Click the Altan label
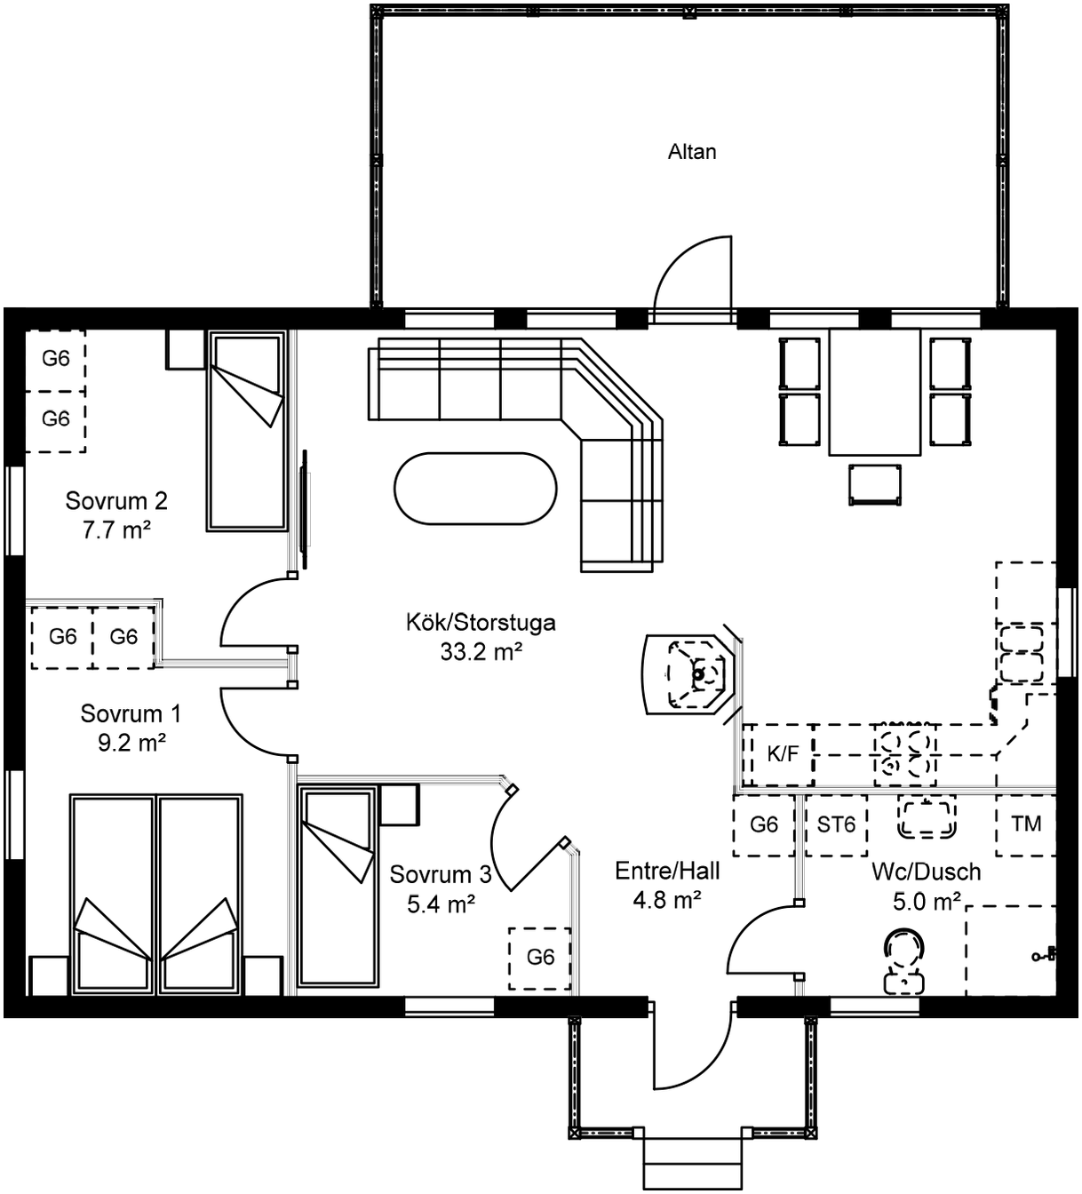[x=692, y=153]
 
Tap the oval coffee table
[x=475, y=489]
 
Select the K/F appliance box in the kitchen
[x=782, y=755]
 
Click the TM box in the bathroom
[x=1026, y=825]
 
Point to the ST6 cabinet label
[x=836, y=825]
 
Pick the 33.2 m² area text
[x=481, y=652]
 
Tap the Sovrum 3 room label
[x=441, y=874]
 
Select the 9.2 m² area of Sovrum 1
[x=131, y=743]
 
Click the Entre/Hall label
[x=667, y=871]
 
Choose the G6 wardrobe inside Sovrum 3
[x=540, y=958]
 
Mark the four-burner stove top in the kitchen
[x=905, y=755]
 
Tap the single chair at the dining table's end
[x=874, y=484]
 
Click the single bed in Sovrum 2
[x=246, y=431]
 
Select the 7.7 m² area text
[x=116, y=529]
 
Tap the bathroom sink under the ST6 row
[x=927, y=820]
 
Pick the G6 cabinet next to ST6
[x=764, y=825]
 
